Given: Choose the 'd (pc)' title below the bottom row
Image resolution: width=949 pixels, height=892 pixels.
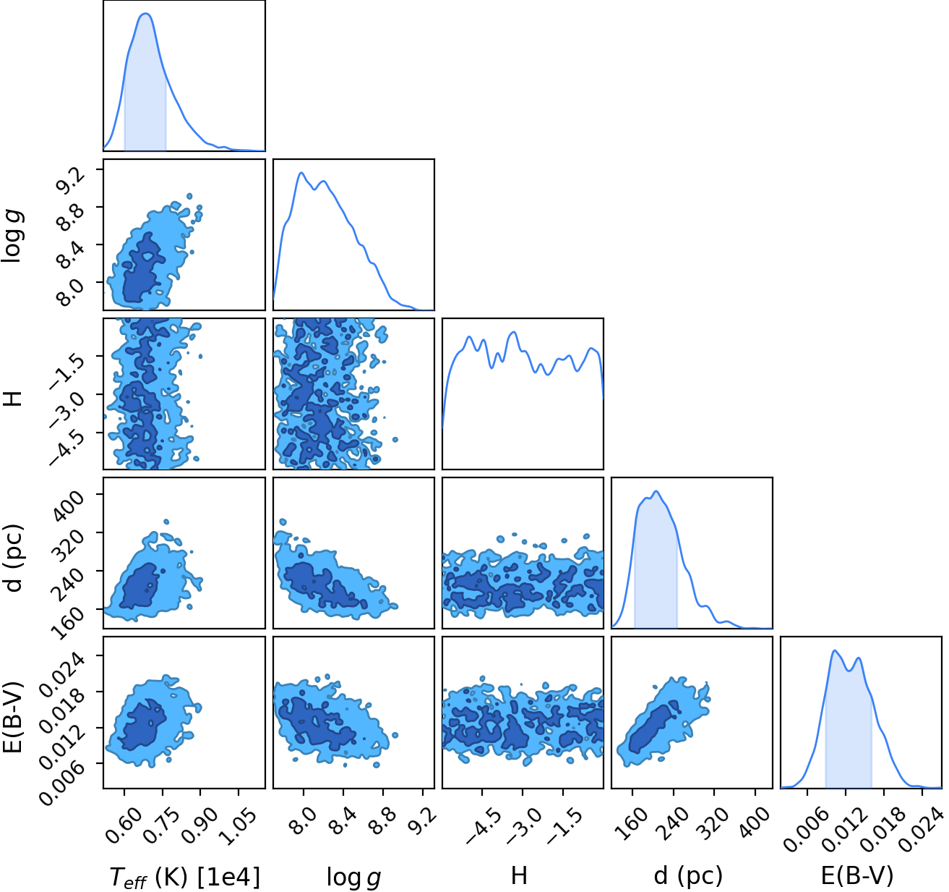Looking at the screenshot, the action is tap(688, 876).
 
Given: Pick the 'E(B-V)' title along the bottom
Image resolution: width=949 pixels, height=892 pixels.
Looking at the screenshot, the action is tap(857, 876).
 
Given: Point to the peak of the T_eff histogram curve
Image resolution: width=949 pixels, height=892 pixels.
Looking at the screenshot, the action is tap(145, 14).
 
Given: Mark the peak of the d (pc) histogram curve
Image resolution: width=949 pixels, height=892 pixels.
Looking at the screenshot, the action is tap(656, 492).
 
